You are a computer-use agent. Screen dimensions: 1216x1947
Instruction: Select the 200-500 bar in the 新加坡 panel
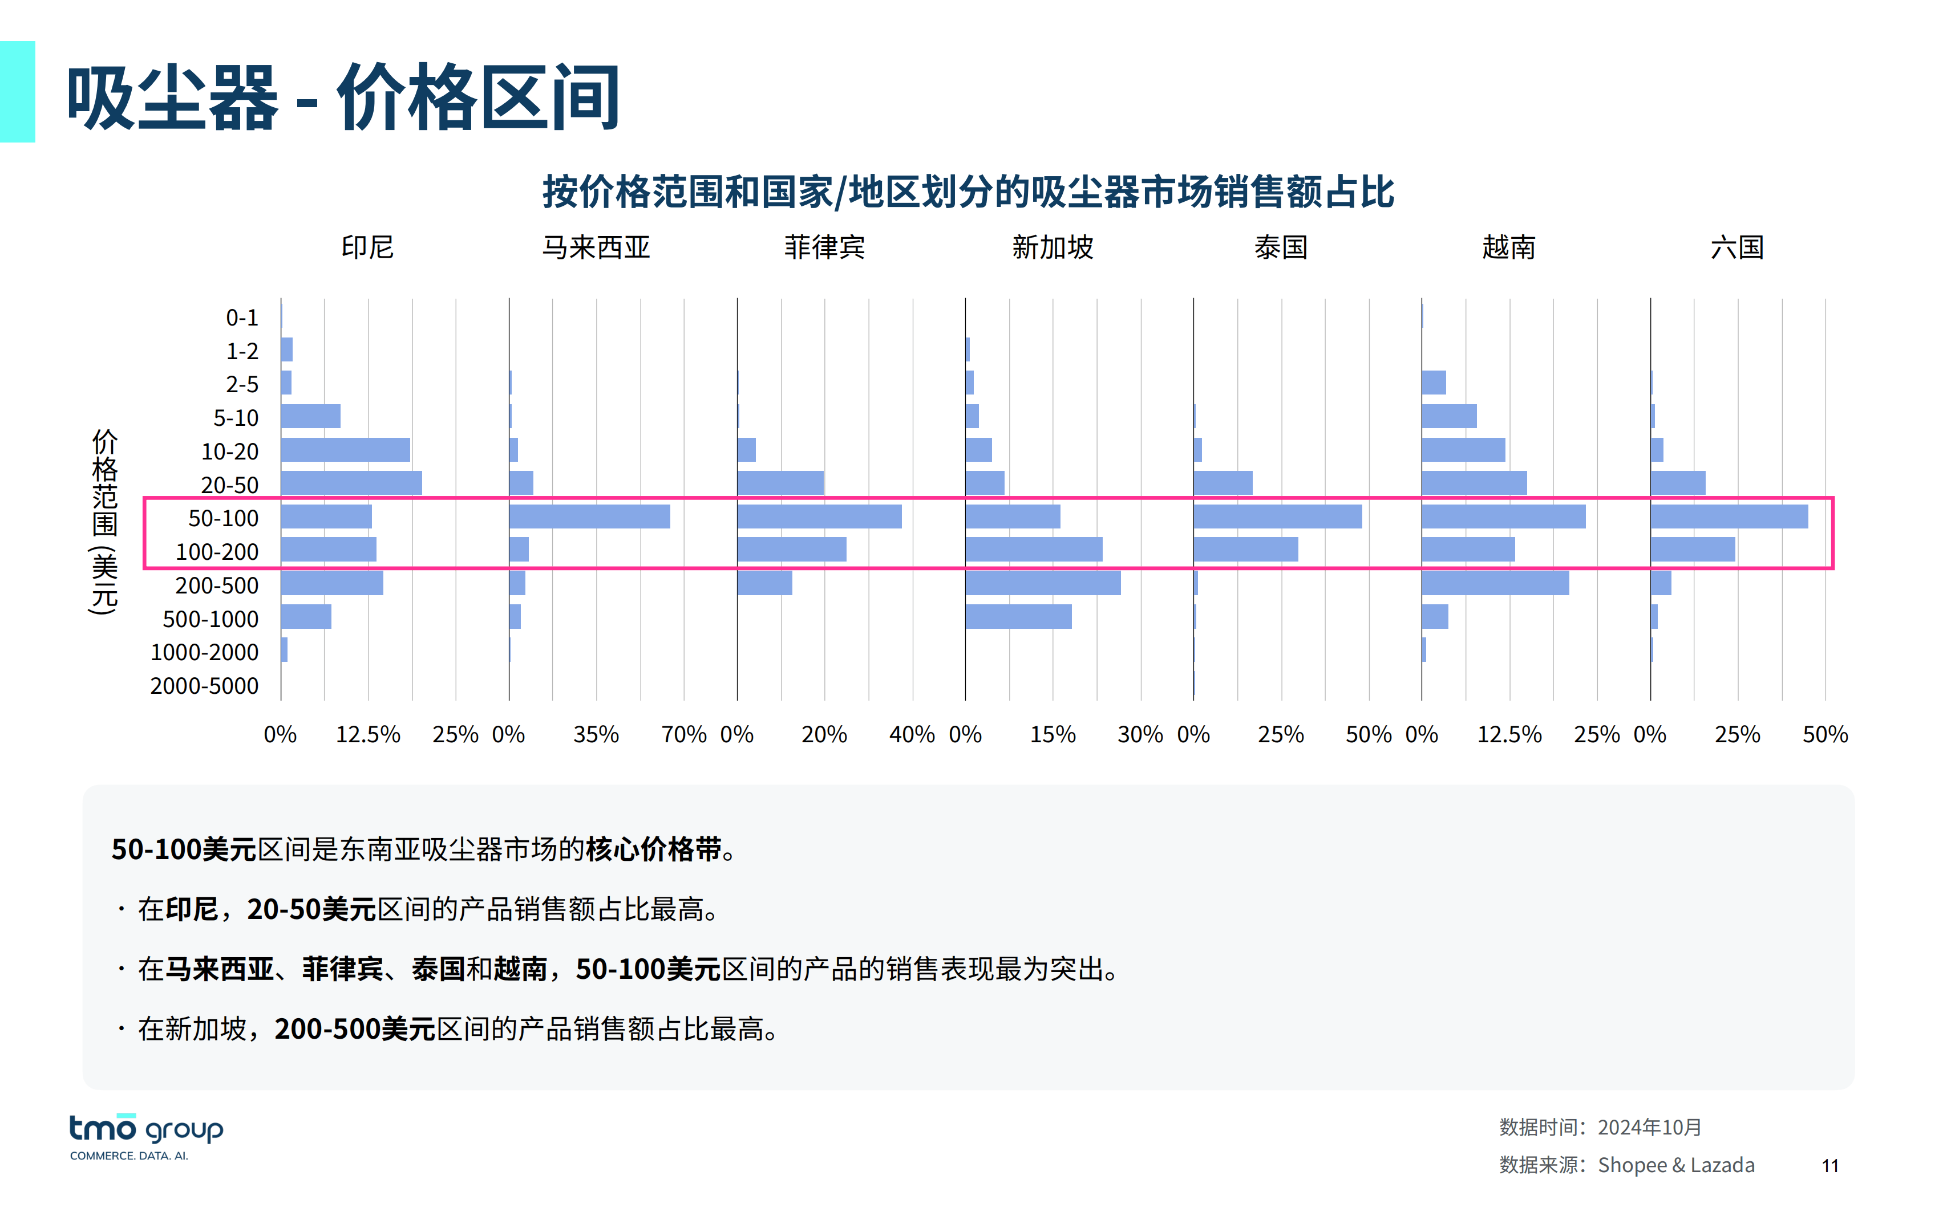1043,583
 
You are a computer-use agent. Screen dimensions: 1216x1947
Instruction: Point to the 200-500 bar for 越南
1495,583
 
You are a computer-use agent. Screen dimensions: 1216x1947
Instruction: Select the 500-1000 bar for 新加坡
1018,617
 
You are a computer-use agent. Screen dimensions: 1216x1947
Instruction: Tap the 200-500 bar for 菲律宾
764,583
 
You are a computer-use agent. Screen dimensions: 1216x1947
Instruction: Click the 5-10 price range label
236,418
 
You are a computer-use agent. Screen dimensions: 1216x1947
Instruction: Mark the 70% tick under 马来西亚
684,734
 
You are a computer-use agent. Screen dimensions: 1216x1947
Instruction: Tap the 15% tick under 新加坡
1053,734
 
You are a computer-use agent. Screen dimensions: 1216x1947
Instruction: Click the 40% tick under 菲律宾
912,734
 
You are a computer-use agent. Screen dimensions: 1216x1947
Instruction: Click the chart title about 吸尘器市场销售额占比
968,192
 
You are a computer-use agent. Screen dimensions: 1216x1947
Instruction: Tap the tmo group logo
145,1136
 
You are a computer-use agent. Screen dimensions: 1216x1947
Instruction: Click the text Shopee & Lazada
1676,1165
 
